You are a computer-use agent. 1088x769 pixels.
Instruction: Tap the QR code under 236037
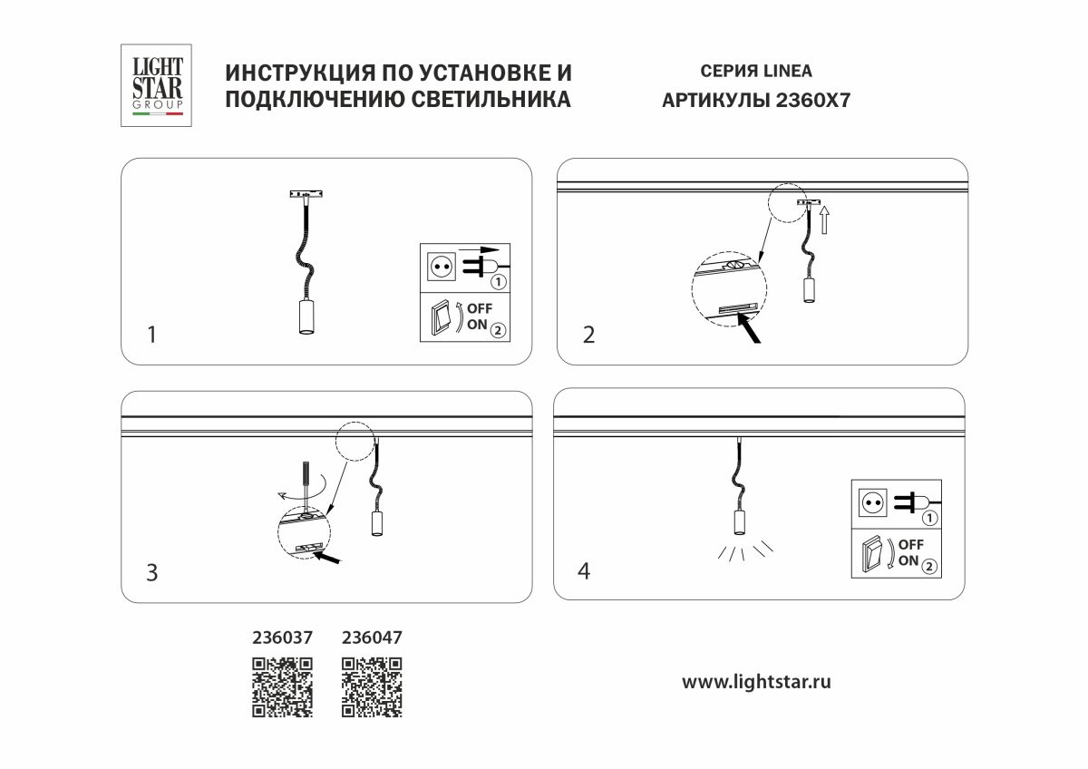tap(282, 686)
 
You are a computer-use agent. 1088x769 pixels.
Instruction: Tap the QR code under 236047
tap(372, 686)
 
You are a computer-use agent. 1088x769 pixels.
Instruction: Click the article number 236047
tap(372, 638)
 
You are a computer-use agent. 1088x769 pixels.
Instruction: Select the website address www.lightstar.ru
tap(756, 681)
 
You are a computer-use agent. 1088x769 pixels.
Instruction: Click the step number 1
tap(151, 335)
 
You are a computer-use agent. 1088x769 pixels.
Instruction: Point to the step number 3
tap(152, 572)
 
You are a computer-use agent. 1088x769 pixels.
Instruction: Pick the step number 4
tap(584, 571)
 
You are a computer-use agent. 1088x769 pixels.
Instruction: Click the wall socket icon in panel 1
tap(442, 266)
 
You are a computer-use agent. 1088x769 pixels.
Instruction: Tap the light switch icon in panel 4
tap(873, 552)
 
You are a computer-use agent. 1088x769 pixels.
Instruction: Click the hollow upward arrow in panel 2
tap(824, 220)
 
